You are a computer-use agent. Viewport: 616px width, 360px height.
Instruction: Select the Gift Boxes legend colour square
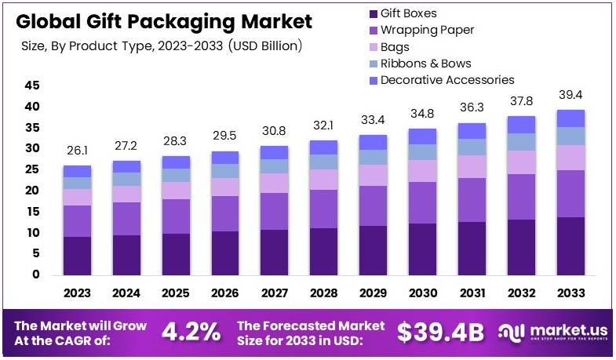[374, 13]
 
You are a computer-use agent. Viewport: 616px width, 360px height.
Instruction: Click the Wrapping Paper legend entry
[427, 31]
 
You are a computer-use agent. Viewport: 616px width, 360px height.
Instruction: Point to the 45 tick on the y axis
[32, 85]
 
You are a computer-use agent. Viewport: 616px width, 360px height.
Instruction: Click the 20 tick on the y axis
[32, 191]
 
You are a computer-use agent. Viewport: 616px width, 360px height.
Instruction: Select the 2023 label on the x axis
[78, 293]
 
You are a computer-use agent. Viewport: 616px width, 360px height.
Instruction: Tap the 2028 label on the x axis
[323, 293]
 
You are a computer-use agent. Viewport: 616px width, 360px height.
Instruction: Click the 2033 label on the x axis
[570, 293]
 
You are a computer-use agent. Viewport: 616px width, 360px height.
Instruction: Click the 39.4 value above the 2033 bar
[570, 96]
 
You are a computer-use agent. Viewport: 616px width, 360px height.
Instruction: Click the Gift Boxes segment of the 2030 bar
[422, 249]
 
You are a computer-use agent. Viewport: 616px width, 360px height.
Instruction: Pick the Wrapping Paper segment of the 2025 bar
[177, 216]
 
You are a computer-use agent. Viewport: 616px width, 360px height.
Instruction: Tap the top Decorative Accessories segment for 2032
[520, 124]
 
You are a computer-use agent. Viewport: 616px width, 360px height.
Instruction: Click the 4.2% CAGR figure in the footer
[191, 333]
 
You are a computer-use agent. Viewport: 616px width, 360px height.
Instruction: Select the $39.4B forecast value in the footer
[440, 333]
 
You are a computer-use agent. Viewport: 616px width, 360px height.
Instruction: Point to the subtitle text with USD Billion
[162, 46]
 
